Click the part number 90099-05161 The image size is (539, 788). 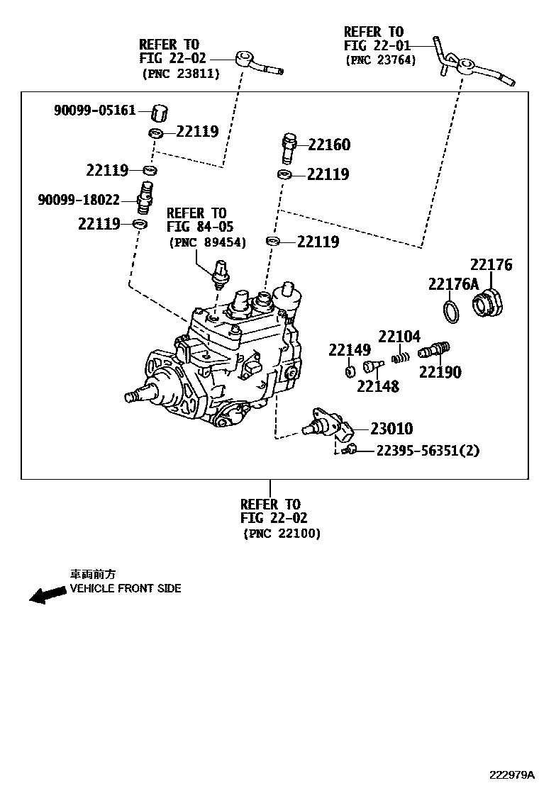point(94,111)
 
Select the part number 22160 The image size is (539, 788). point(328,145)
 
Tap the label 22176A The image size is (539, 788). point(453,284)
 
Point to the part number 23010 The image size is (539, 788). point(391,429)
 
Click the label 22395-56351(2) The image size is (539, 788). point(427,450)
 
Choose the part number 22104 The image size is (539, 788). point(399,337)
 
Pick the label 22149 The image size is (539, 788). point(349,349)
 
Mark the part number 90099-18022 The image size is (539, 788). point(79,200)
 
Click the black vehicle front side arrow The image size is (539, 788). point(47,595)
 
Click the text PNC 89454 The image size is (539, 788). point(207,242)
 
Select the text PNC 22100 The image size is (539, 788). point(282,533)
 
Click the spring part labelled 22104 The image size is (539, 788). point(401,356)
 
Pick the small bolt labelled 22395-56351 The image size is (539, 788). point(349,449)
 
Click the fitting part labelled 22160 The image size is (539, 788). point(289,147)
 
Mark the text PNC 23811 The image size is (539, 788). point(181,73)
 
